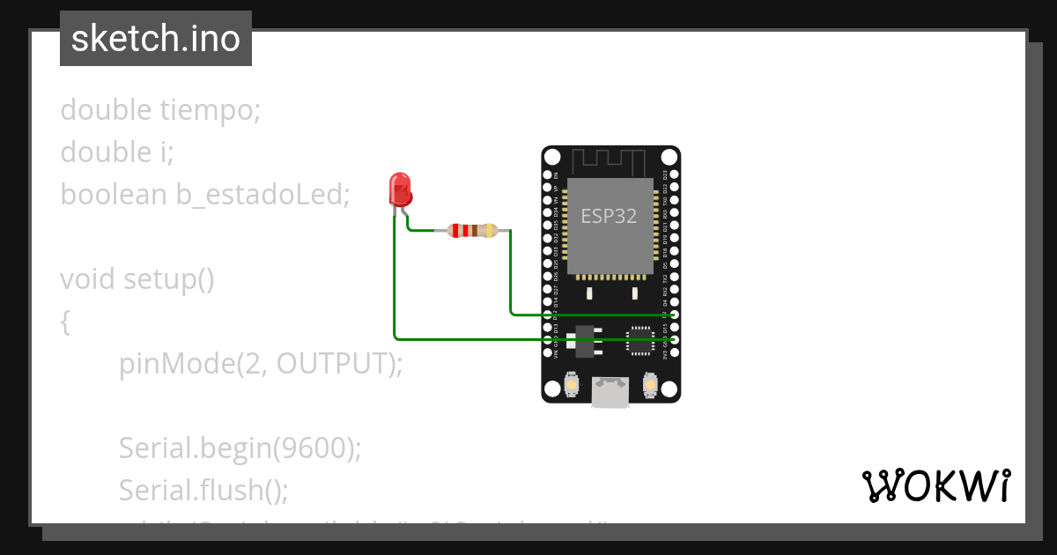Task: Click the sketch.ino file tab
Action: [156, 39]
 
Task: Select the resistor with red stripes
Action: [473, 231]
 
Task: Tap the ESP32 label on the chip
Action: [609, 216]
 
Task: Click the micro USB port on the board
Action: [610, 393]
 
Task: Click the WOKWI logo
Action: [935, 485]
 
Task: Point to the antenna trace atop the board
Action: [610, 161]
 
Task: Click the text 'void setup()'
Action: [137, 279]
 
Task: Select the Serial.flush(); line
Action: [203, 489]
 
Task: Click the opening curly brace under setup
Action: [65, 322]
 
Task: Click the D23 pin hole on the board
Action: [674, 175]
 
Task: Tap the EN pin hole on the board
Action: [547, 175]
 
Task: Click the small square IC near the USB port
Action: [639, 340]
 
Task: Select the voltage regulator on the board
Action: [585, 340]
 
